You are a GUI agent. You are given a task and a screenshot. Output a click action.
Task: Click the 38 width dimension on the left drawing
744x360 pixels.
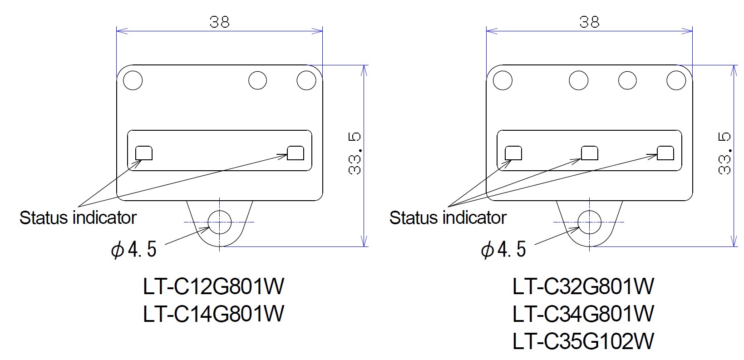pyautogui.click(x=220, y=22)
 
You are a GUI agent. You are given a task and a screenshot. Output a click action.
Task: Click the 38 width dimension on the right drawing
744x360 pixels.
pyautogui.click(x=590, y=22)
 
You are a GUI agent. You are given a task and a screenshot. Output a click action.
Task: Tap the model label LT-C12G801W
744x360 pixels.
pyautogui.click(x=213, y=286)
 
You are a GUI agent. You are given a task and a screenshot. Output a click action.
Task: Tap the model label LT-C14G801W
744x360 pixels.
pyautogui.click(x=213, y=313)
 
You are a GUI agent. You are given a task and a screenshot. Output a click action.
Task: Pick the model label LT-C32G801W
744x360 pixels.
pyautogui.click(x=583, y=286)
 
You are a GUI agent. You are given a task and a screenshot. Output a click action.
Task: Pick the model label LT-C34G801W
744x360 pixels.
pyautogui.click(x=583, y=313)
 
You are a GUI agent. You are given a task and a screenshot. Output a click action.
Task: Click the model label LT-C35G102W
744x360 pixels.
pyautogui.click(x=583, y=341)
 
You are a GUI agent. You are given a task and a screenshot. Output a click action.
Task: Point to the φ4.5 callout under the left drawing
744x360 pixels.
pyautogui.click(x=134, y=249)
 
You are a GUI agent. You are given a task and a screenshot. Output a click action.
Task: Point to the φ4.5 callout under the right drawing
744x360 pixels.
pyautogui.click(x=504, y=249)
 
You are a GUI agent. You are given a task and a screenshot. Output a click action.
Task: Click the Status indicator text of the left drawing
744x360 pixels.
pyautogui.click(x=78, y=218)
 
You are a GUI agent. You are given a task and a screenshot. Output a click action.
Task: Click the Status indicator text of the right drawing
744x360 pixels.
pyautogui.click(x=448, y=218)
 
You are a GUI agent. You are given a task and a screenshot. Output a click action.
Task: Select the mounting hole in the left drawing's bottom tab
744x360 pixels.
pyautogui.click(x=220, y=222)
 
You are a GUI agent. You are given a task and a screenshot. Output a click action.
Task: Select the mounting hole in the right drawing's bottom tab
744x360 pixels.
pyautogui.click(x=590, y=222)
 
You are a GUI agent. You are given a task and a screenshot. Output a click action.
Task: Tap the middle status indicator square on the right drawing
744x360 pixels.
pyautogui.click(x=590, y=153)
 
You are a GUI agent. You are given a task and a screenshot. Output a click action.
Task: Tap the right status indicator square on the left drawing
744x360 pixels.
pyautogui.click(x=296, y=153)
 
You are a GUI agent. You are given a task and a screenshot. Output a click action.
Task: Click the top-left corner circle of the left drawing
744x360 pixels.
pyautogui.click(x=133, y=80)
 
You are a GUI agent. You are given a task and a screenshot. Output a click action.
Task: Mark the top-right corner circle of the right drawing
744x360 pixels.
pyautogui.click(x=676, y=80)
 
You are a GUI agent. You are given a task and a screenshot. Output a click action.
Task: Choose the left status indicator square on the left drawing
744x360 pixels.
pyautogui.click(x=144, y=153)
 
